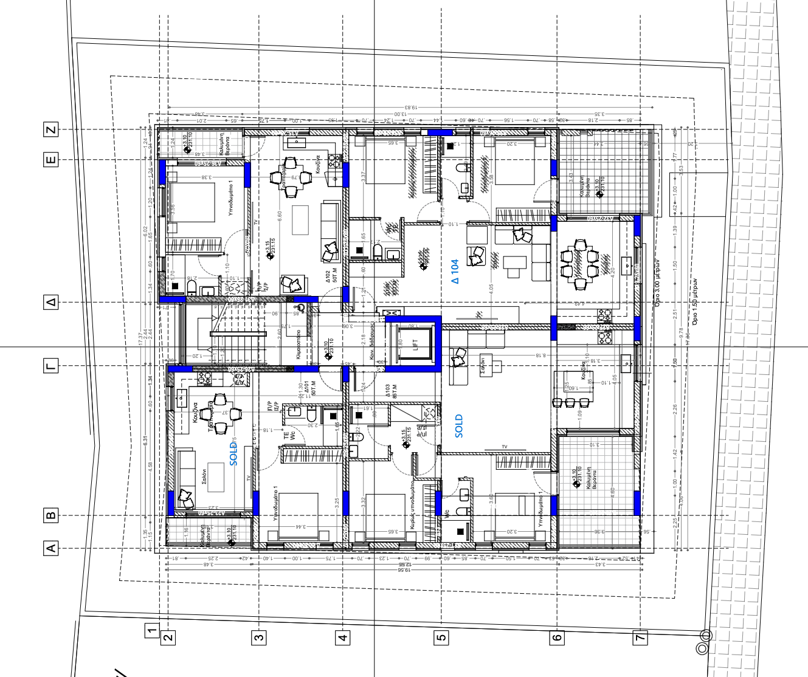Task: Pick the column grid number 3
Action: click(x=259, y=637)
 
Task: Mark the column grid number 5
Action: click(x=441, y=637)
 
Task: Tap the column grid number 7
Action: click(x=640, y=637)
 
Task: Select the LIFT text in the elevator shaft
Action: click(x=416, y=345)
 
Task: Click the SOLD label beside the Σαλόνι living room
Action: click(x=233, y=454)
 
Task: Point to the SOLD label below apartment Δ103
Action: click(x=458, y=426)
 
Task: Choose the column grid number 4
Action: click(x=343, y=637)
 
